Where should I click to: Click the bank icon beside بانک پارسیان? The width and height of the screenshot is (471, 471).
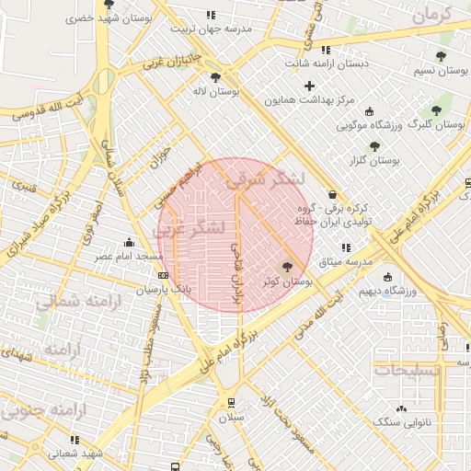163,275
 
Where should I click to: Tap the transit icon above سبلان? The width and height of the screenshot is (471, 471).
228,402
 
